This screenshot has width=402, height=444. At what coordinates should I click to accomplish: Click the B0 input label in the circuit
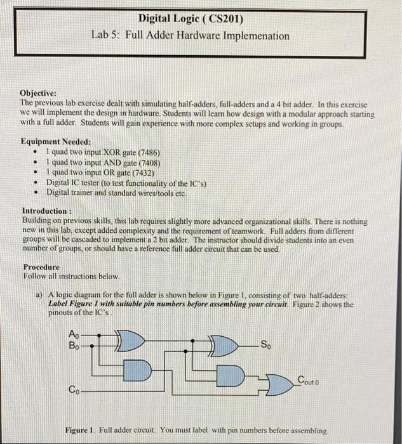(x=74, y=346)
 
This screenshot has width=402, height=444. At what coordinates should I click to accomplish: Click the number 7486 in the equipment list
(x=145, y=153)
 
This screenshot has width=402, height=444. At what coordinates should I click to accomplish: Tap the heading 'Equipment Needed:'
(x=56, y=142)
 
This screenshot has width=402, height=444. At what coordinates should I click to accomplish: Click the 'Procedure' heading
(x=41, y=267)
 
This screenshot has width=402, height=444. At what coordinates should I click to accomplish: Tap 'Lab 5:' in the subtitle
(x=107, y=36)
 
